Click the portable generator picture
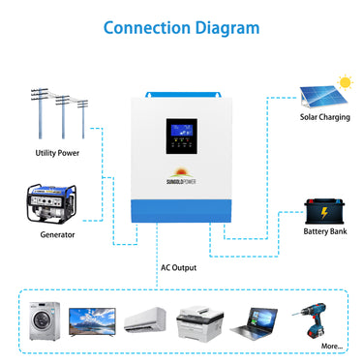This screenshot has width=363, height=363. point(51,204)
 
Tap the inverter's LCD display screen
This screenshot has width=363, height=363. point(182,129)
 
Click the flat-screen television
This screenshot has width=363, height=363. point(93,320)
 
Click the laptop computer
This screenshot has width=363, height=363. point(259,319)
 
